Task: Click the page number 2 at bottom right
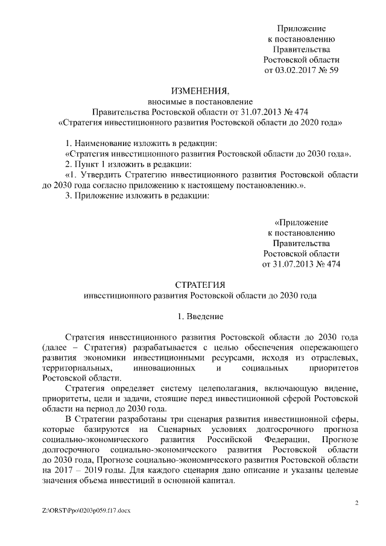357,503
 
